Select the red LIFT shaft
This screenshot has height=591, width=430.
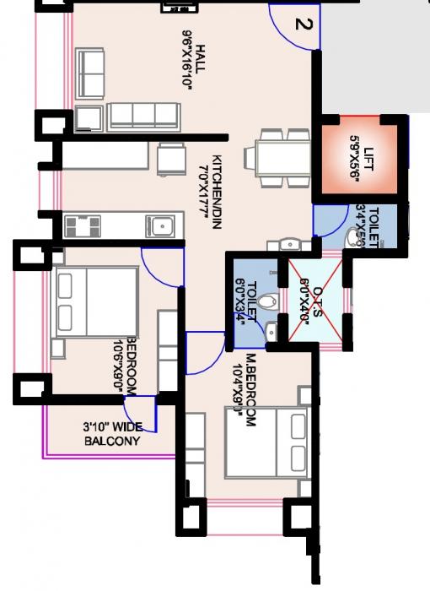click(x=358, y=158)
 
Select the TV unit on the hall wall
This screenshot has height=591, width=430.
click(x=178, y=7)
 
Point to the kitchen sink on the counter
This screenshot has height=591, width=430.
click(x=159, y=226)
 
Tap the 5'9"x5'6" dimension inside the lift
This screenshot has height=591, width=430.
click(x=352, y=159)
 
